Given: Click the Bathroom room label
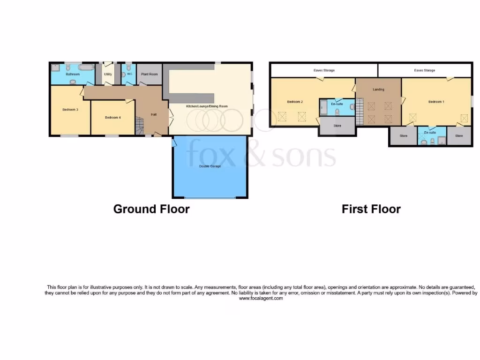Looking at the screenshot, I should (73, 74).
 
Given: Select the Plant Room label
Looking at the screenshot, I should (150, 74).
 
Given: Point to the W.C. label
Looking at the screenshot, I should (129, 74).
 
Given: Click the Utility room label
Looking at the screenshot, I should (108, 74).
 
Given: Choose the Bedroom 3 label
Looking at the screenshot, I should (70, 110).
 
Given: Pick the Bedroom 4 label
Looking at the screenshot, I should (113, 118).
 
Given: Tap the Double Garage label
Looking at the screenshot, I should (210, 166).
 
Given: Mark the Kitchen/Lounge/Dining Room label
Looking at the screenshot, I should (207, 106).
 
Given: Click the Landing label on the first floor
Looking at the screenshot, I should (378, 90).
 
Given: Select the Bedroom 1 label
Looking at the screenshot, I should (436, 102).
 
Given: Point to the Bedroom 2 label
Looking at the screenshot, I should (295, 102).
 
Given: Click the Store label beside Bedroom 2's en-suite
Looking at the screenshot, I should (337, 126).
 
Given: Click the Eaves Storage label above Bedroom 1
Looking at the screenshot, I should (424, 70).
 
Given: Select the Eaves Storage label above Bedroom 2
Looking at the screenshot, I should (324, 70).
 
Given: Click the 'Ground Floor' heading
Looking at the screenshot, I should (151, 209).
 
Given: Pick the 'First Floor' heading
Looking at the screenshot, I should (371, 209).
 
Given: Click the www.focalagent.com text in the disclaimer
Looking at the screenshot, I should (261, 298).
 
